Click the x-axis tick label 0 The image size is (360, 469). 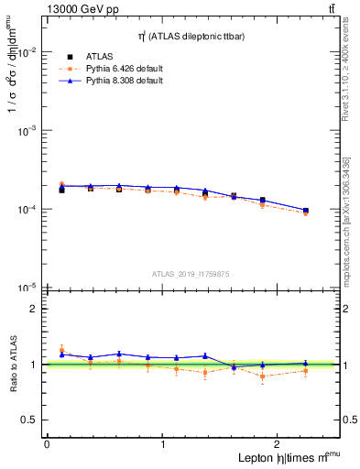click(x=47, y=444)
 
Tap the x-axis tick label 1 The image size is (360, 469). click(x=163, y=444)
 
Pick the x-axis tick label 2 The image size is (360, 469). click(x=279, y=444)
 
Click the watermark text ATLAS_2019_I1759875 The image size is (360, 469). click(x=191, y=273)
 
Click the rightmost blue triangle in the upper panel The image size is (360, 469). click(x=306, y=210)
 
